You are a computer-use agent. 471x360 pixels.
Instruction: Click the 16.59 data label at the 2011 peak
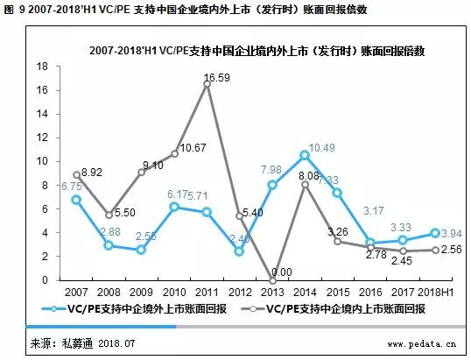tap(215, 78)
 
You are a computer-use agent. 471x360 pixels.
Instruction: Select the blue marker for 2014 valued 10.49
tap(304, 155)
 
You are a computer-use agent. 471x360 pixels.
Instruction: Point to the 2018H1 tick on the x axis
tap(431, 292)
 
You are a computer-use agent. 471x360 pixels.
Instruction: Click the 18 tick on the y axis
tap(42, 67)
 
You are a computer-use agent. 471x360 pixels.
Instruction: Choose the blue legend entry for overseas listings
tap(137, 309)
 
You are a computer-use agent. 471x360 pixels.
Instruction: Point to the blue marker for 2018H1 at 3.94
tap(434, 233)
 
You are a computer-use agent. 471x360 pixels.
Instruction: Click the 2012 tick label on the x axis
tap(240, 292)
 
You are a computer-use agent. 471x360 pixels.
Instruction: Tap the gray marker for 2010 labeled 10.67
tap(175, 153)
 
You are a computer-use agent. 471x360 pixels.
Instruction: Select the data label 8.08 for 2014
tap(309, 176)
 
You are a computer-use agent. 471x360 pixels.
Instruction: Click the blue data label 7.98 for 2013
tap(271, 169)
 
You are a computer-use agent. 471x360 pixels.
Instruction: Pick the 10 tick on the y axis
tap(42, 161)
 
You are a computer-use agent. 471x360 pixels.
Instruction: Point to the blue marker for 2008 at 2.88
tap(109, 245)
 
